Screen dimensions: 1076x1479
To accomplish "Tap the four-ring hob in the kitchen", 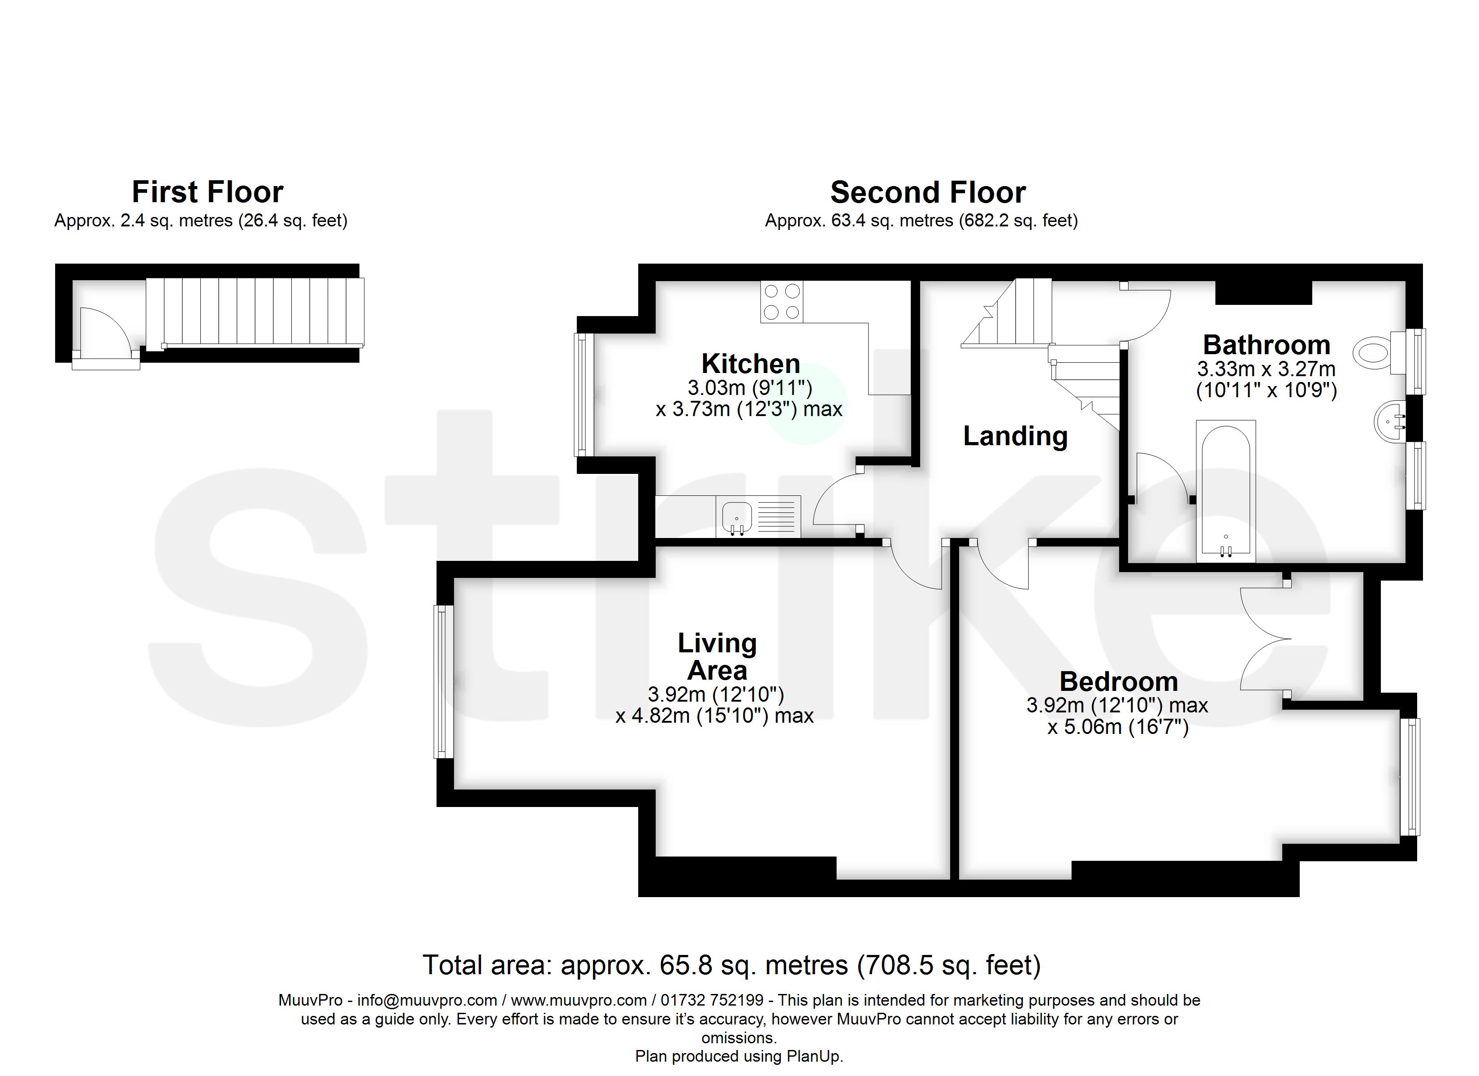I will click(x=781, y=301).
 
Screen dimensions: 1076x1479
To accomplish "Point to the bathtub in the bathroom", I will click(x=1225, y=490).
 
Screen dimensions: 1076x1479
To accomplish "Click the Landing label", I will click(x=1015, y=436).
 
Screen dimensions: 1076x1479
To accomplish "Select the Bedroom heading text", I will click(x=1118, y=681).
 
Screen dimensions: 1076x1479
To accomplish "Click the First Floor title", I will click(x=208, y=192).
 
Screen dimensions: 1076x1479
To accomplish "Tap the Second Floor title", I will click(x=927, y=192).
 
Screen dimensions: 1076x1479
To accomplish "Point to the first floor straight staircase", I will click(x=254, y=312).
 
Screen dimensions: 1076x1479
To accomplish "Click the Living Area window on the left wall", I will click(x=443, y=682).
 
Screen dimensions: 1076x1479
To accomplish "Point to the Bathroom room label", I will click(x=1266, y=344).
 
